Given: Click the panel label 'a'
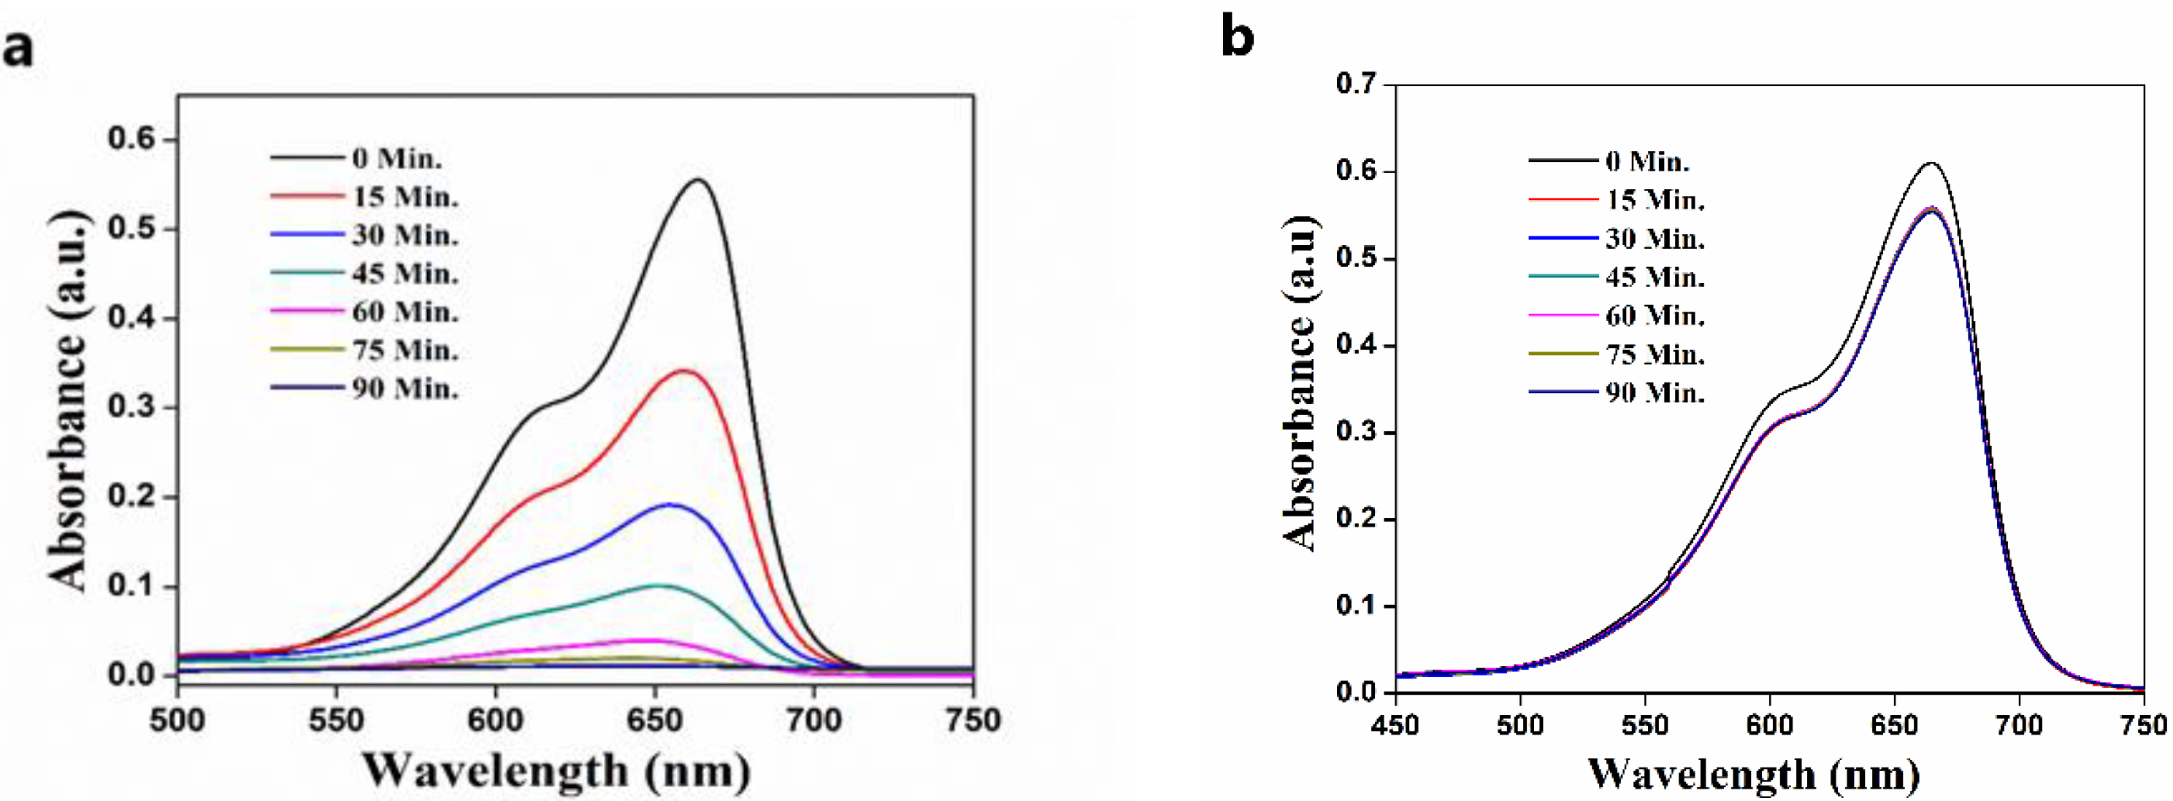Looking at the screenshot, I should coord(18,49).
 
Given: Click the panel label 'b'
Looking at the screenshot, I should coord(1237,39).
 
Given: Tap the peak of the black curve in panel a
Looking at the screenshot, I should coord(700,179).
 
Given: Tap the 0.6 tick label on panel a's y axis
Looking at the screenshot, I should coord(132,139).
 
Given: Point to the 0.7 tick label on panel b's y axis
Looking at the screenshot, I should coord(1356,85).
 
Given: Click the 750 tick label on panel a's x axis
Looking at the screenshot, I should coord(973,720).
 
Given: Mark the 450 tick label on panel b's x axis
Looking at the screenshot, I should coord(1395,725).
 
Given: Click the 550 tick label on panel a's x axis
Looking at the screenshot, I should coord(336,720).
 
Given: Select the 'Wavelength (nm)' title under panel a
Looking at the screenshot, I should coord(556,770).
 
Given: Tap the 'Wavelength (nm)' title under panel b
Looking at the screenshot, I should coord(1755,773).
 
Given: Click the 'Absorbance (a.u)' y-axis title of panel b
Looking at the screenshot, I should coord(1300,384).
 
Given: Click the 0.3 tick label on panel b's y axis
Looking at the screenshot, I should coord(1356,433).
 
